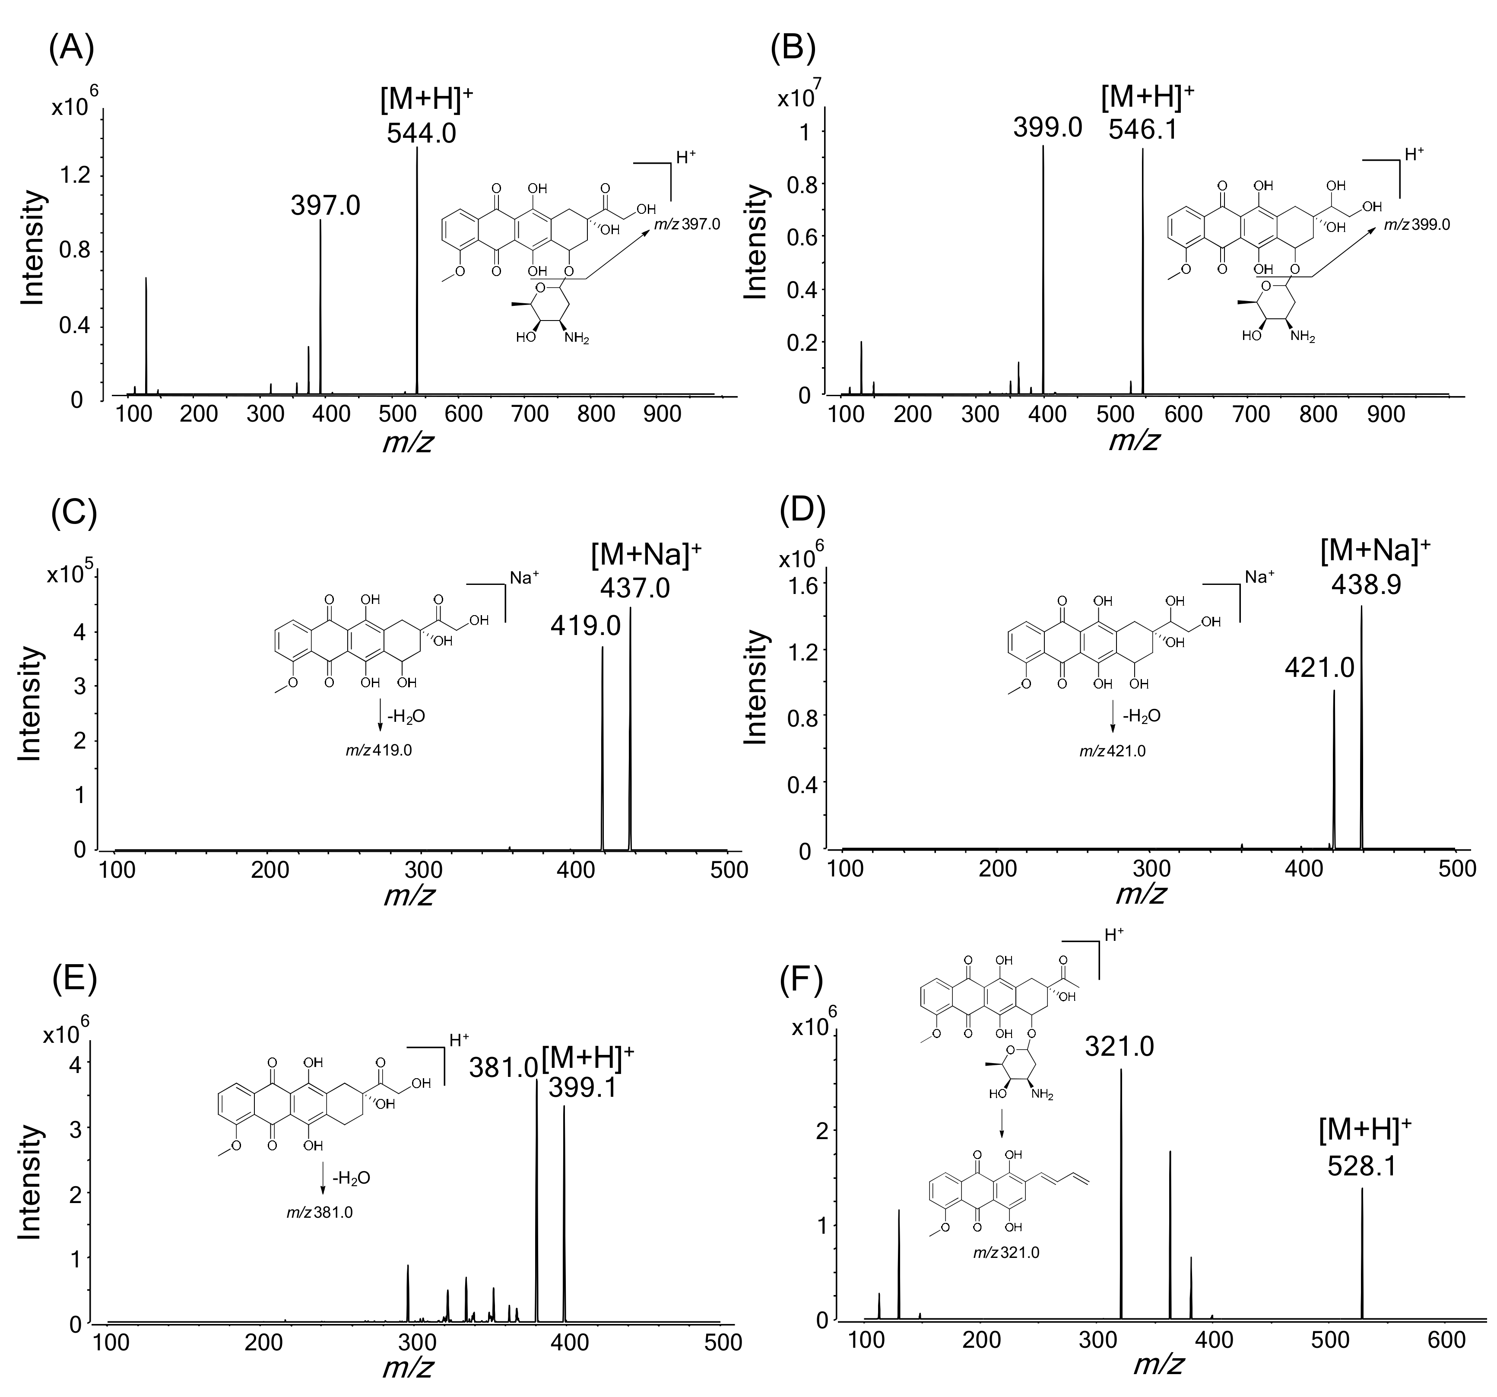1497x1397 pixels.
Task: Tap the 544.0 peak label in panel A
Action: tap(421, 133)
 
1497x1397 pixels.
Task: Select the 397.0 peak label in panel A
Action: tap(325, 205)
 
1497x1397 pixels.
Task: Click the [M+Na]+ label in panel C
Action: tap(646, 556)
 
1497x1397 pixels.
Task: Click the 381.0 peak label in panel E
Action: tap(504, 1067)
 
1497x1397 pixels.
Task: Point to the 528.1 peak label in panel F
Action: tap(1361, 1167)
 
